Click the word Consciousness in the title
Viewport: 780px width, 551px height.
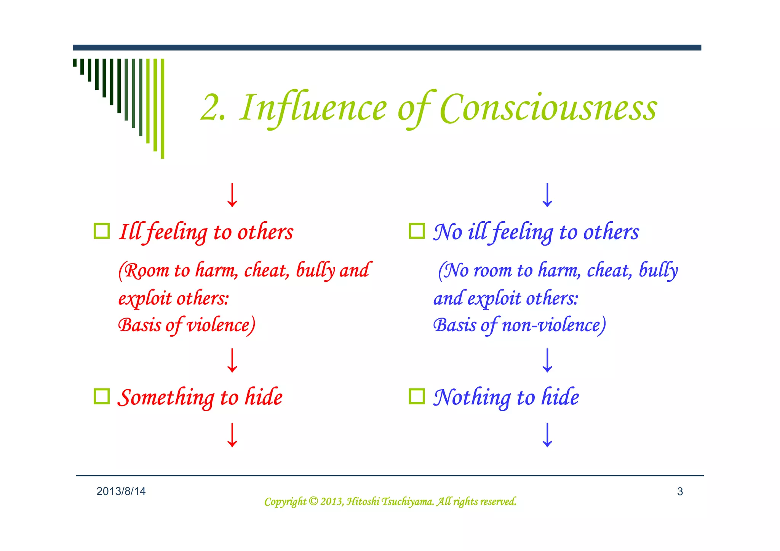coord(548,109)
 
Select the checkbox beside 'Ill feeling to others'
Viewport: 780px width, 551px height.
coord(102,231)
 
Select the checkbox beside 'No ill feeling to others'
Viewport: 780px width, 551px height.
coord(417,231)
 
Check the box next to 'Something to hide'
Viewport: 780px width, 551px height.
coord(102,396)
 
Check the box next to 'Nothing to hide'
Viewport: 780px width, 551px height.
coord(417,396)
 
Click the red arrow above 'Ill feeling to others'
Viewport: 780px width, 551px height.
coord(232,195)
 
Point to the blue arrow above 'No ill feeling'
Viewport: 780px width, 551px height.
coord(547,195)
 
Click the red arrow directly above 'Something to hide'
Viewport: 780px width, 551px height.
coord(232,360)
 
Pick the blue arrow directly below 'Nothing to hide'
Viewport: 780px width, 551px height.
coord(547,435)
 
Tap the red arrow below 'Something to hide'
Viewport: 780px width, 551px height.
coord(232,435)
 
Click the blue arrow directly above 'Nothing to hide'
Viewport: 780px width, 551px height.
coord(547,360)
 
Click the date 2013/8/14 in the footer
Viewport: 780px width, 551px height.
coord(121,492)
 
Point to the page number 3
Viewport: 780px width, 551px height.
coord(680,492)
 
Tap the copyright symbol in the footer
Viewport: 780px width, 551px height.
coord(313,501)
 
